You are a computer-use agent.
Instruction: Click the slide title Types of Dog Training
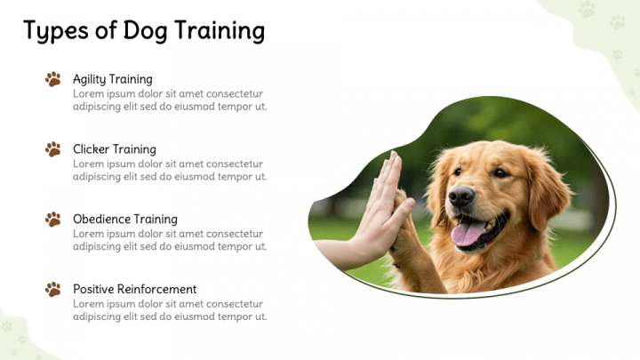tap(144, 31)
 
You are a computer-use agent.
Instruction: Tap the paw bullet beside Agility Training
tap(53, 79)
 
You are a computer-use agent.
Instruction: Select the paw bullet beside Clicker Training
tap(53, 149)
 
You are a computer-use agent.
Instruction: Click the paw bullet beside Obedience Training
tap(53, 219)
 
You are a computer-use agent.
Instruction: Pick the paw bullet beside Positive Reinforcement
tap(53, 289)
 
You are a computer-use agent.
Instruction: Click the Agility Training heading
tap(112, 79)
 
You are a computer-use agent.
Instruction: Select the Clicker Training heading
tap(114, 149)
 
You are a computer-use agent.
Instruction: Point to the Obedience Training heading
tap(124, 219)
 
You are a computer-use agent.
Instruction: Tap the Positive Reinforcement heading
tap(134, 289)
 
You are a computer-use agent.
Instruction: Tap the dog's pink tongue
tap(466, 234)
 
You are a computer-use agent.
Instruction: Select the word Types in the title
tap(53, 31)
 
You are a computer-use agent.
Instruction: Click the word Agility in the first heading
tap(91, 79)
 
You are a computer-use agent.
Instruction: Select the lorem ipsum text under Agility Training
tap(169, 100)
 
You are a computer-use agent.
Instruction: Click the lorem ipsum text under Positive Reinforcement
tap(169, 309)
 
